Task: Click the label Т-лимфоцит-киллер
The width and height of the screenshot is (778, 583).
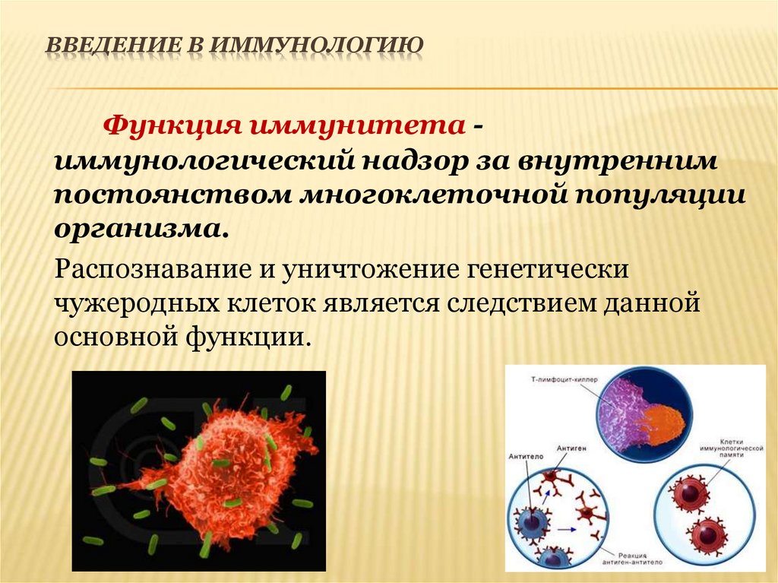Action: (x=552, y=377)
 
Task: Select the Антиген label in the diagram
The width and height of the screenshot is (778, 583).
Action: (x=572, y=448)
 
